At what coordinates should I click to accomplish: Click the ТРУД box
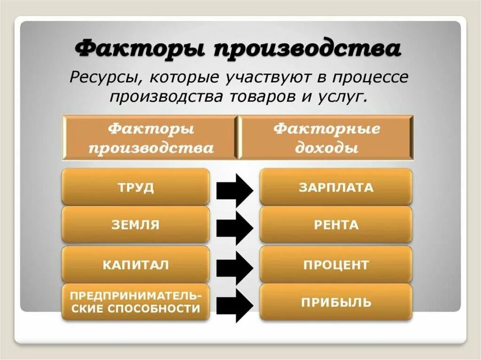(x=135, y=187)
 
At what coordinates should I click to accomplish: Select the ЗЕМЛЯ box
(x=135, y=225)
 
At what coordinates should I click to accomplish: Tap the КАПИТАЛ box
(x=135, y=265)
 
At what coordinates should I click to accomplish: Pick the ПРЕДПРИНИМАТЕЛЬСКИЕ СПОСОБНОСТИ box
(x=135, y=302)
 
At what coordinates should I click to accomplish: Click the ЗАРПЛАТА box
(x=336, y=187)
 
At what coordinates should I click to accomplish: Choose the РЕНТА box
(x=336, y=225)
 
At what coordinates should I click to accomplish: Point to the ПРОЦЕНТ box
(x=336, y=265)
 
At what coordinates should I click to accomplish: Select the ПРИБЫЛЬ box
(x=336, y=302)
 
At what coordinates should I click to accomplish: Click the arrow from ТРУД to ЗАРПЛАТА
(x=235, y=190)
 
